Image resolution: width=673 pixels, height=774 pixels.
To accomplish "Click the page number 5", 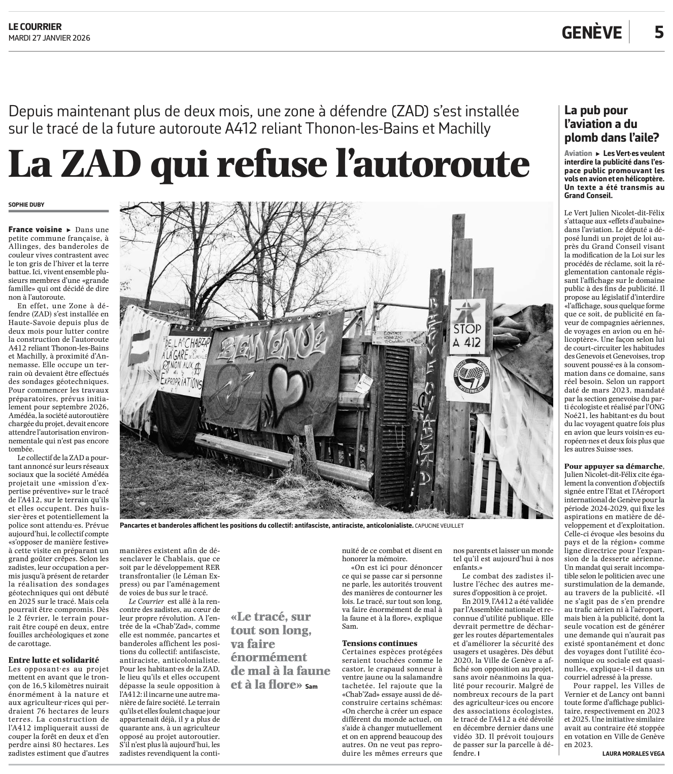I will [658, 32].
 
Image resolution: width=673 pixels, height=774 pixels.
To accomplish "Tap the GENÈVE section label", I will [591, 33].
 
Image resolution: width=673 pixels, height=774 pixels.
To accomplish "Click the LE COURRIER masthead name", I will [35, 26].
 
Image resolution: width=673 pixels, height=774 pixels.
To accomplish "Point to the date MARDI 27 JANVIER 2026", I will [49, 38].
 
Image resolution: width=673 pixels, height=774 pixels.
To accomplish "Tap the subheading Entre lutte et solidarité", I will [53, 660].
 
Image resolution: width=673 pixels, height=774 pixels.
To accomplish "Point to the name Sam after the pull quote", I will [304, 686].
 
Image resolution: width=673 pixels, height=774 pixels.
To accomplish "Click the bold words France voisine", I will [36, 230].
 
